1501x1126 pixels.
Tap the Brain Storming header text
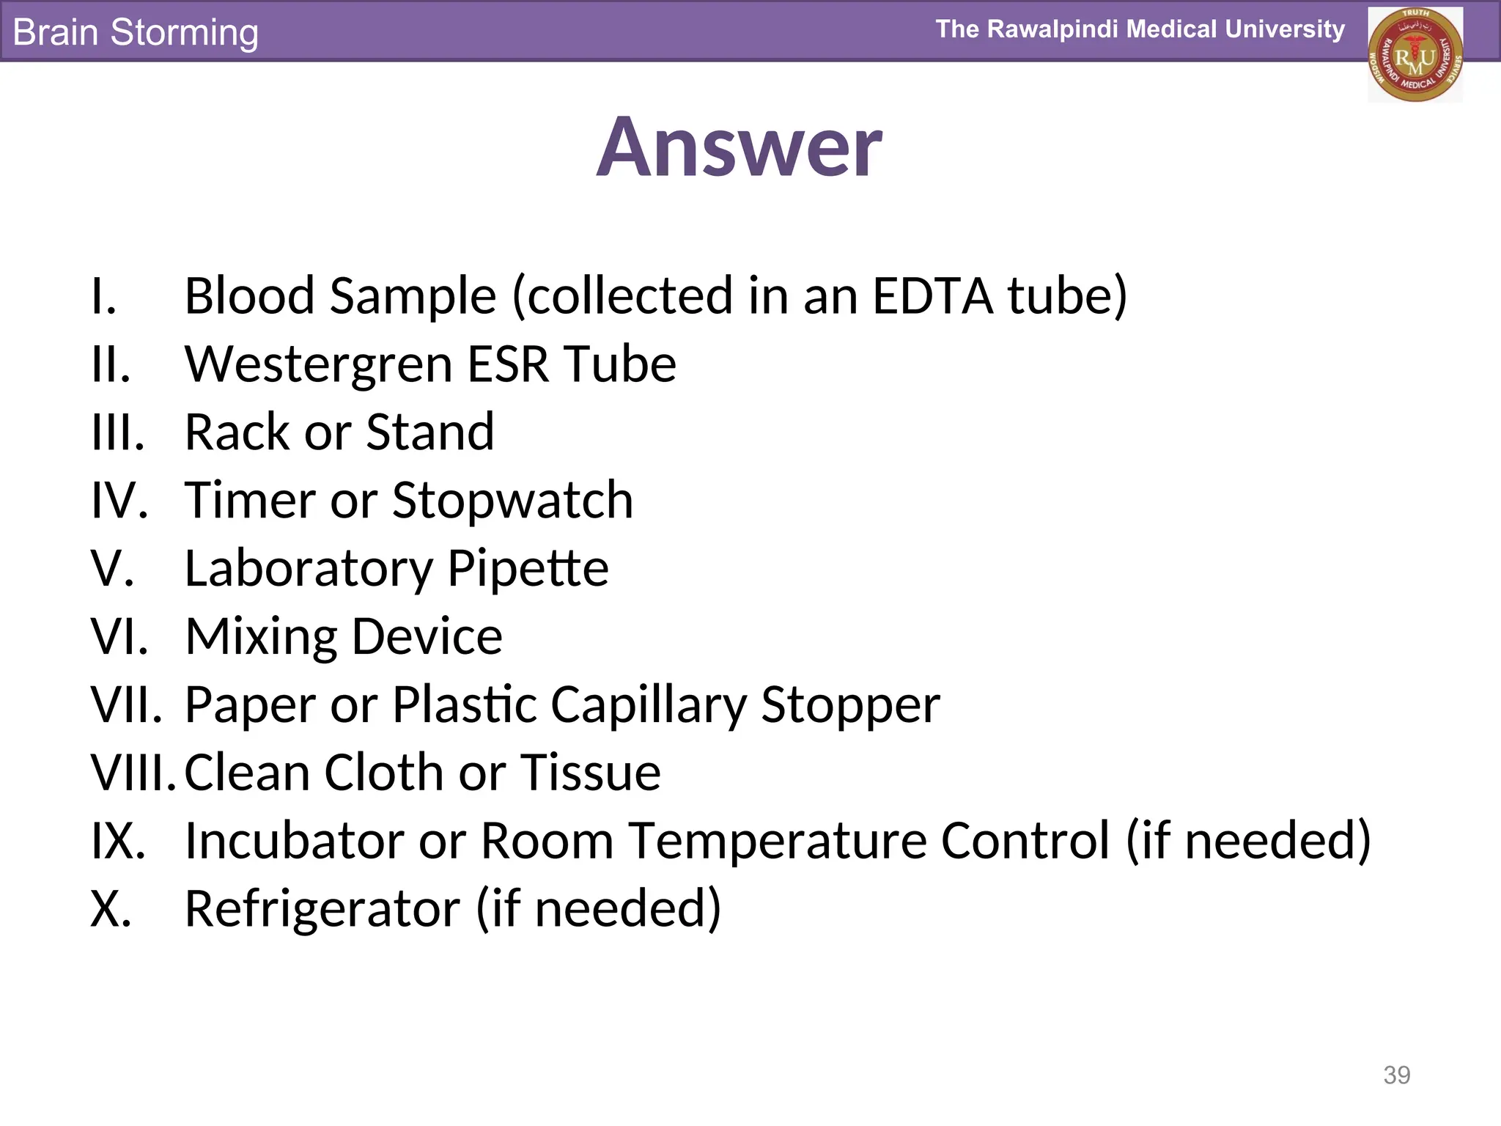[x=136, y=32]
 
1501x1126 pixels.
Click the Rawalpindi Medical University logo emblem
[x=1415, y=55]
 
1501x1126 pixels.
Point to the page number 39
[x=1396, y=1075]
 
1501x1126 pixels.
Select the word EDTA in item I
[x=932, y=295]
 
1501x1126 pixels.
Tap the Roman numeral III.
[x=117, y=433]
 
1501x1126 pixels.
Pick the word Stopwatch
[x=512, y=501]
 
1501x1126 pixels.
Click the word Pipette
[x=528, y=569]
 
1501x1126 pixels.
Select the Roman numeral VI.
[x=119, y=636]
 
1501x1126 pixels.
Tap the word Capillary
[x=648, y=705]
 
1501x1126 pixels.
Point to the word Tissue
[x=590, y=773]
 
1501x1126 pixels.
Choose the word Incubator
[x=293, y=840]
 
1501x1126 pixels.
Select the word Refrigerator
[x=322, y=909]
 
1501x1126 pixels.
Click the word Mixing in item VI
[x=260, y=636]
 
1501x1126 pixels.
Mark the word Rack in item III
[x=237, y=433]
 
